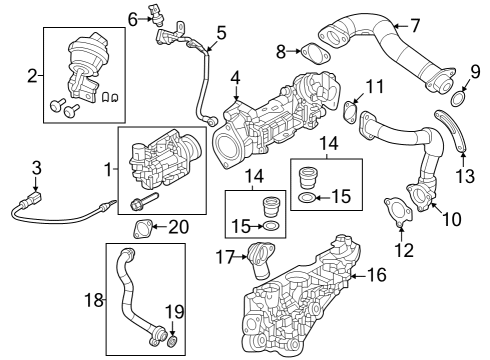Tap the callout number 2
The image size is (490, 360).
tap(33, 74)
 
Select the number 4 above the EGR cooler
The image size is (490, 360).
tap(235, 77)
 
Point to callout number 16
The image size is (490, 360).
tap(376, 272)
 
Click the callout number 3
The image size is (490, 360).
tap(36, 167)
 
